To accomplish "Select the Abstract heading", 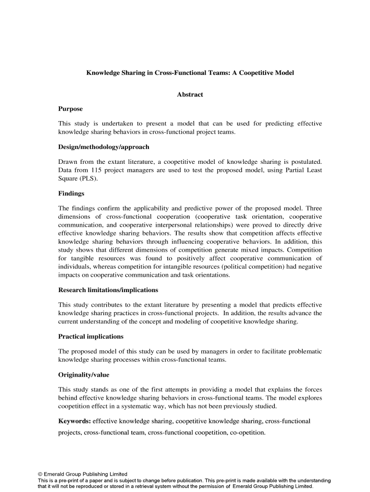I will pyautogui.click(x=190, y=95).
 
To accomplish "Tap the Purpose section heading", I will pyautogui.click(x=71, y=109).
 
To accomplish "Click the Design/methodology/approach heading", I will pyautogui.click(x=104, y=147).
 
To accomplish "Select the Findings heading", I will pyautogui.click(x=71, y=194).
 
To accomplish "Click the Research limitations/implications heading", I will pyautogui.click(x=108, y=290).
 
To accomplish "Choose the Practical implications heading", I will pyautogui.click(x=91, y=336).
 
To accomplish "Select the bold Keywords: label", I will pyautogui.click(x=74, y=421).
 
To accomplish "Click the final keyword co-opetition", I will pyautogui.click(x=246, y=432).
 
